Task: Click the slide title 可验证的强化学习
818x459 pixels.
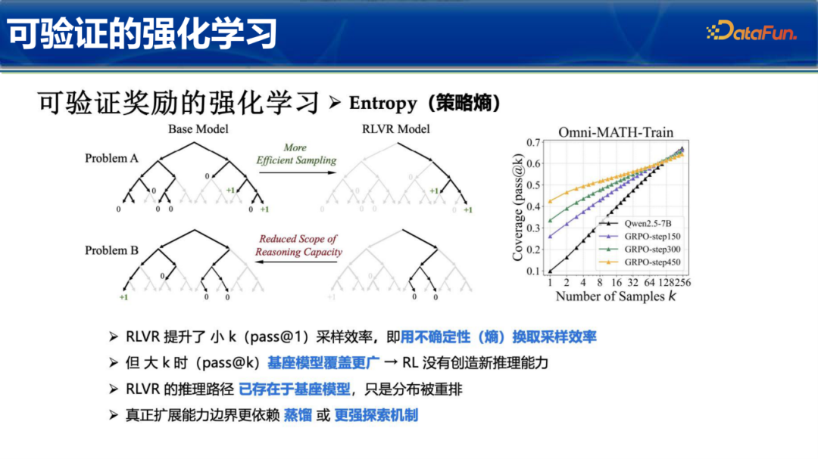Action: pos(142,34)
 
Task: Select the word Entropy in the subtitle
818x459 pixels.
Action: pos(383,103)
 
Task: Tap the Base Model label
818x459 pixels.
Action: pos(198,129)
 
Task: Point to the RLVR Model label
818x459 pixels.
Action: pos(396,129)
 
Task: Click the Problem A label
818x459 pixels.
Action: pos(111,158)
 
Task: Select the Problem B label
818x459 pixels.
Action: pos(111,250)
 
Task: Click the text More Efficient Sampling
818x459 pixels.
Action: pos(296,154)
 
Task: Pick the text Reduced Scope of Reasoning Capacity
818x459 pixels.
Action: pos(298,246)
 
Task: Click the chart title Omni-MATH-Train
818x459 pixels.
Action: pos(616,132)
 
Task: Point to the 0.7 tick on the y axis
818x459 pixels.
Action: pos(533,142)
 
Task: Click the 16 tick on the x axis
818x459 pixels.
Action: pos(617,282)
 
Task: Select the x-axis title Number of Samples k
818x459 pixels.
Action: pos(616,296)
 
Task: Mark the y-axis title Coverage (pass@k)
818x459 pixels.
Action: pos(517,207)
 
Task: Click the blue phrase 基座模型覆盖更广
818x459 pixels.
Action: pos(323,363)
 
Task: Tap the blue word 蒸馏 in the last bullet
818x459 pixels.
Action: pos(298,415)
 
